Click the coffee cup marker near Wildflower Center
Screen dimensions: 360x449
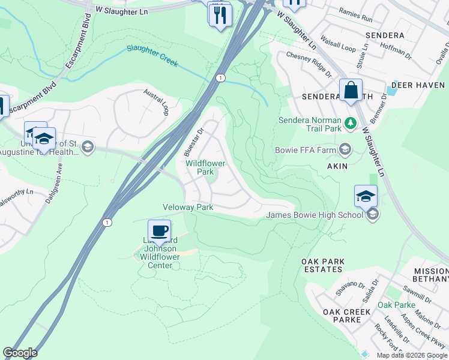159,231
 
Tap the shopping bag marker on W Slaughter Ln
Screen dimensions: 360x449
351,91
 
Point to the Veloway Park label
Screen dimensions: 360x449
188,207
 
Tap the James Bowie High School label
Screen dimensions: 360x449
315,215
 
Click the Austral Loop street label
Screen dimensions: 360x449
157,102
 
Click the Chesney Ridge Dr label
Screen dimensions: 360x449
309,64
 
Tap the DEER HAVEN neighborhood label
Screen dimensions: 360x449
418,85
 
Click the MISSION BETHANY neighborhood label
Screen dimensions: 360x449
430,275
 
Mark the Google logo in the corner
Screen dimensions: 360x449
20,353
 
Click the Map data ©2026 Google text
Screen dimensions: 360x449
412,355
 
